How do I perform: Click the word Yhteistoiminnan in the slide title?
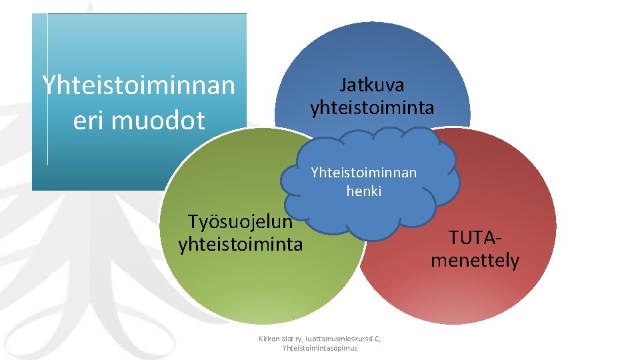click(139, 85)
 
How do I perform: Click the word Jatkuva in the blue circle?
click(371, 85)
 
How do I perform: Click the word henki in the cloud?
click(363, 191)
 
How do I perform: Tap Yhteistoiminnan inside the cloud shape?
click(363, 173)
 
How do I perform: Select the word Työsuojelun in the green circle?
click(240, 221)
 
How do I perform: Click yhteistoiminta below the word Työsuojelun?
click(240, 244)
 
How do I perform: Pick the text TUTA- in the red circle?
click(475, 237)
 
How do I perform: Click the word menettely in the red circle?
click(475, 260)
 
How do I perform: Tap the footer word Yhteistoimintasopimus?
click(320, 348)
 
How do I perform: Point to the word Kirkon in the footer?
click(270, 339)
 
